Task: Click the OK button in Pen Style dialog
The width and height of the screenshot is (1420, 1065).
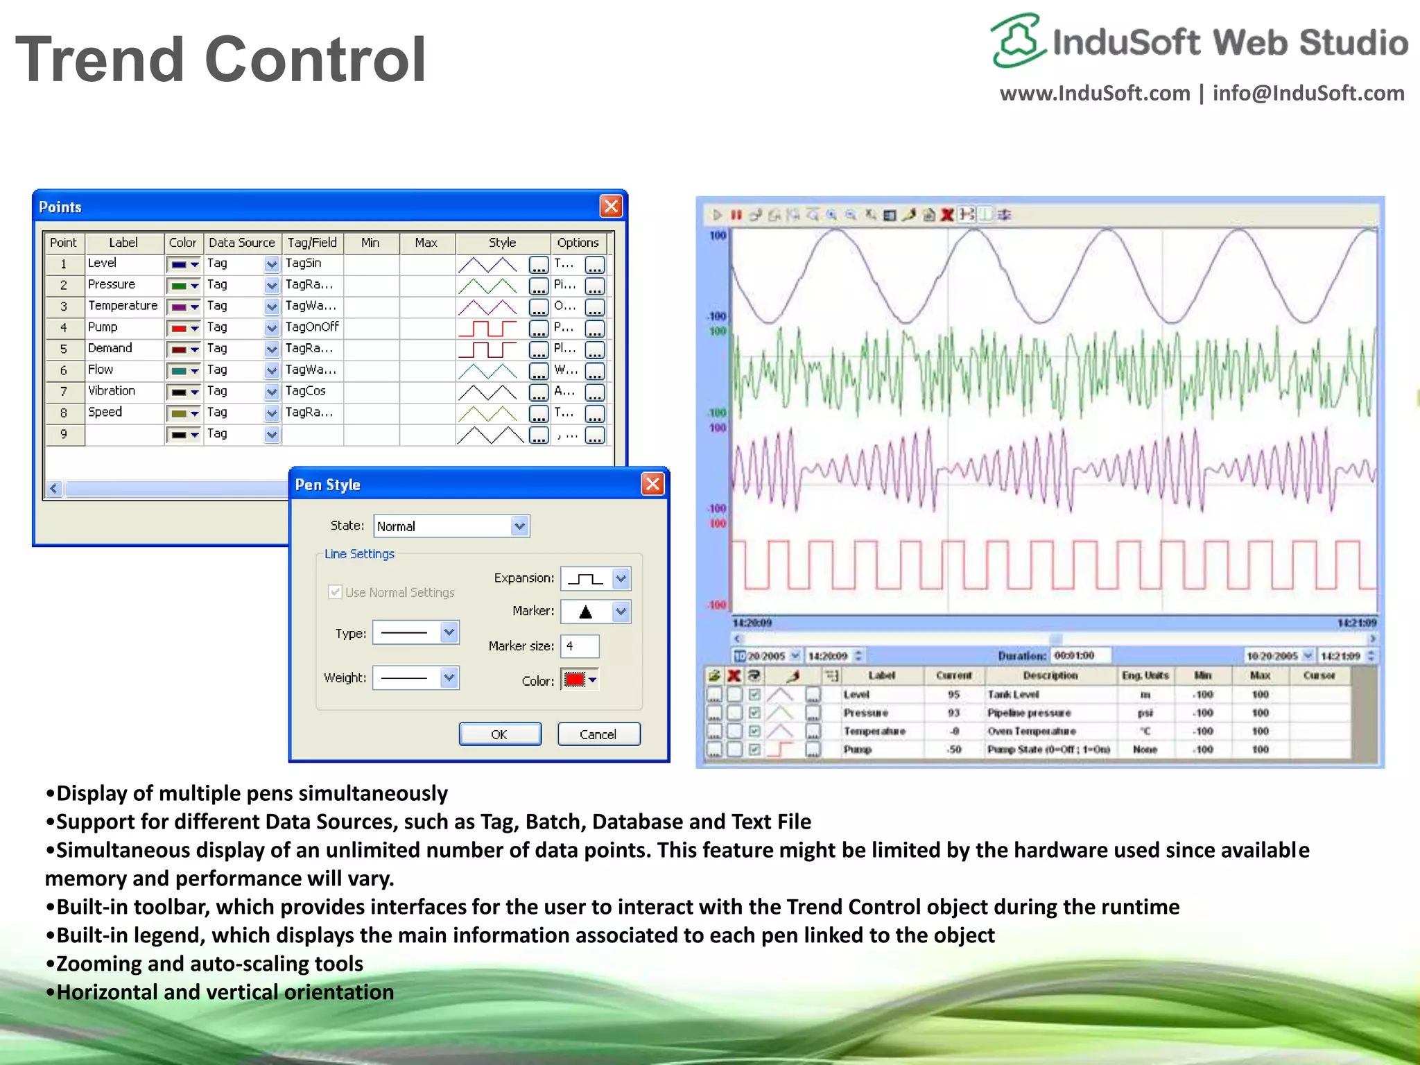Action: click(x=499, y=734)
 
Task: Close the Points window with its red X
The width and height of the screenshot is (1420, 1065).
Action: click(x=611, y=207)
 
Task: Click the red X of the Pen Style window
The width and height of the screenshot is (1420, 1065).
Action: click(x=652, y=484)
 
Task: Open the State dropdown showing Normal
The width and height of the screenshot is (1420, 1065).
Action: click(x=519, y=526)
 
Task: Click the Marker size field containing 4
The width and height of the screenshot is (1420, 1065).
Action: click(x=579, y=646)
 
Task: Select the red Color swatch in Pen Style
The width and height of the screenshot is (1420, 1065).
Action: click(x=575, y=680)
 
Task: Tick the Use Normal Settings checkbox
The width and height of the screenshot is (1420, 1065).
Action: click(x=336, y=592)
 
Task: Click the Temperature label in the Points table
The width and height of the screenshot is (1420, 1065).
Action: click(x=123, y=306)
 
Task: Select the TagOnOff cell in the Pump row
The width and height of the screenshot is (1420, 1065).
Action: click(x=312, y=327)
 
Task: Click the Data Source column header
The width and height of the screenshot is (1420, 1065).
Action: click(x=241, y=243)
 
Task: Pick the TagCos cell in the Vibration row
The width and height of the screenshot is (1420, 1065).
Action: click(x=306, y=391)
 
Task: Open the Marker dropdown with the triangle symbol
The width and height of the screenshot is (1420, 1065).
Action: click(x=621, y=612)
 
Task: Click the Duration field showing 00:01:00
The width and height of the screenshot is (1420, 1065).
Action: click(x=1080, y=655)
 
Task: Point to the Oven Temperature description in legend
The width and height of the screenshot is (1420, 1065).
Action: click(x=1032, y=731)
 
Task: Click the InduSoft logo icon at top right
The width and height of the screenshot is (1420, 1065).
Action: click(x=1017, y=40)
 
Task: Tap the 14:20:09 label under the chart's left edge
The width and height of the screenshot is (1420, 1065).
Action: click(x=752, y=623)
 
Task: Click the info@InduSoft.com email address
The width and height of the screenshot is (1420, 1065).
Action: click(x=1308, y=94)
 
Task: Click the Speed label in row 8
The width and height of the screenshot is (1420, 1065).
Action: click(x=105, y=413)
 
